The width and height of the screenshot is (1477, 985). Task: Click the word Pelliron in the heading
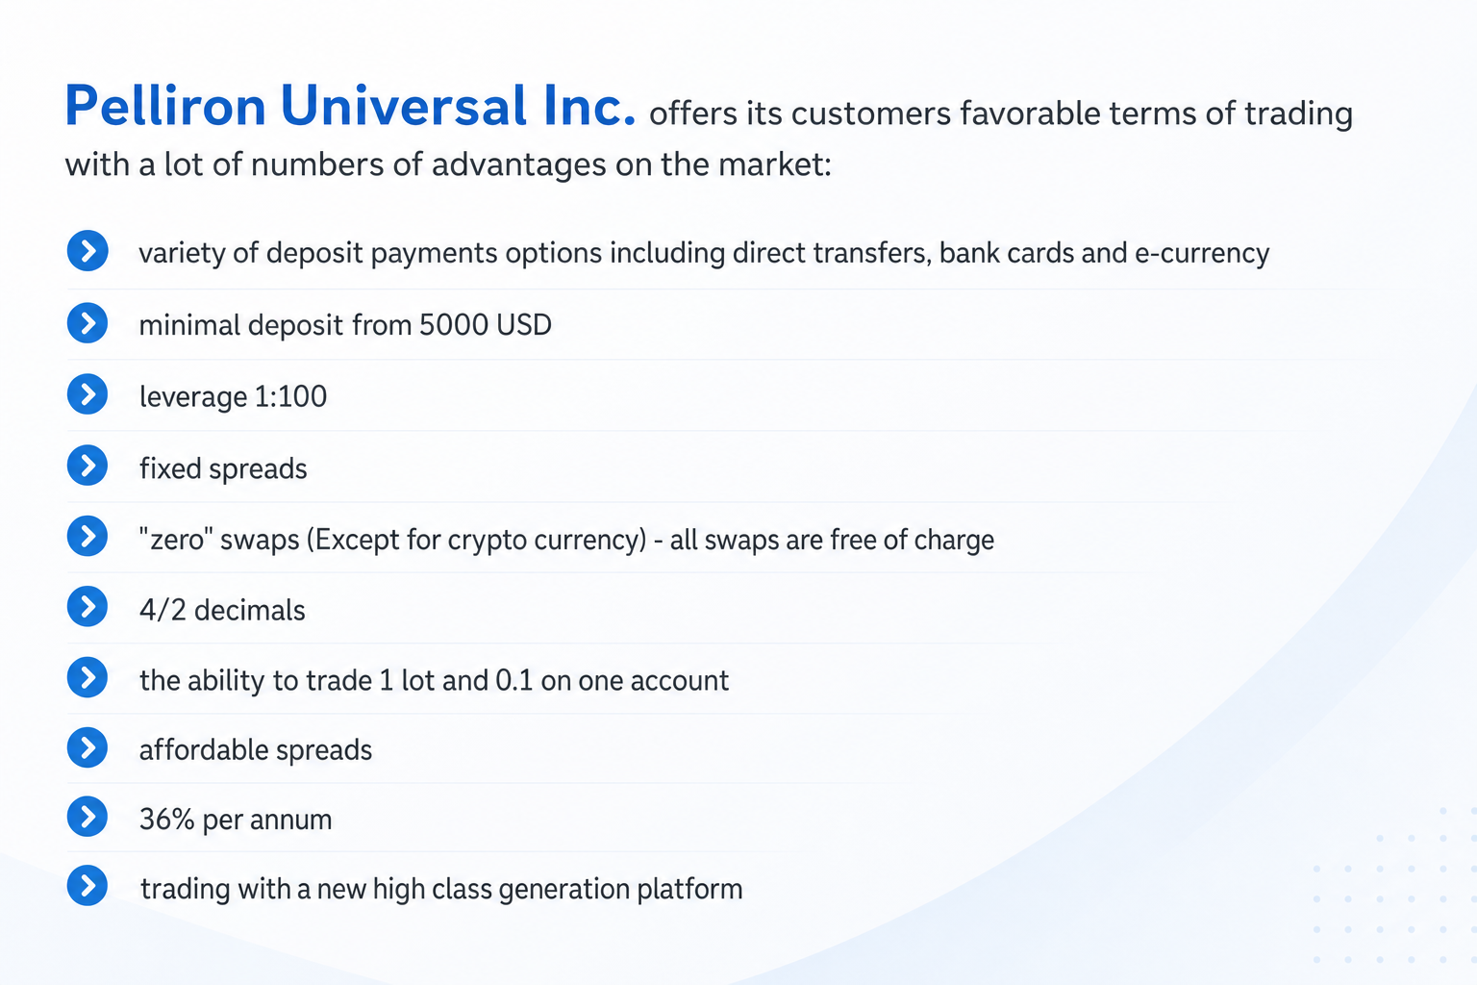coord(165,106)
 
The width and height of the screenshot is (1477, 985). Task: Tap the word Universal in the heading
coord(404,106)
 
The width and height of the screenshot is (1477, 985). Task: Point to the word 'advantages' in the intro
coord(518,164)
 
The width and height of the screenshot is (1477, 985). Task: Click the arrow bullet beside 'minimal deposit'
coord(88,323)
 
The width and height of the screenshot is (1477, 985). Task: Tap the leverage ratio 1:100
coord(290,396)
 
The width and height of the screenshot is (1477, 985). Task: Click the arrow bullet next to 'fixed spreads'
coord(88,466)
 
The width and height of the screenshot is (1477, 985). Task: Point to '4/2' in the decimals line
coord(163,610)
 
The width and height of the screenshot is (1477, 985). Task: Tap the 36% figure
coord(166,820)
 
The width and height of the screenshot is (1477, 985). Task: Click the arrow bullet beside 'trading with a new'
coord(88,885)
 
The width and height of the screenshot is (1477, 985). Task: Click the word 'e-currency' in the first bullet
coord(1201,253)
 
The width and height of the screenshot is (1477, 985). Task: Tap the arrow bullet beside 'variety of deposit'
coord(88,251)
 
